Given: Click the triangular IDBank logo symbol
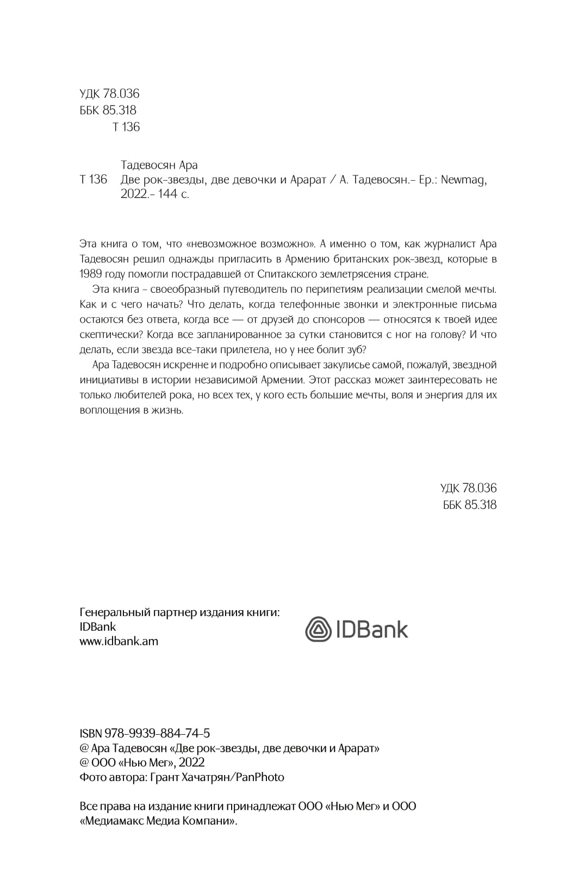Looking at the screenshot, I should [x=318, y=630].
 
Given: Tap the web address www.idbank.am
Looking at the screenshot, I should [x=119, y=641].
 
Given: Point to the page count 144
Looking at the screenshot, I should [x=167, y=194].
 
